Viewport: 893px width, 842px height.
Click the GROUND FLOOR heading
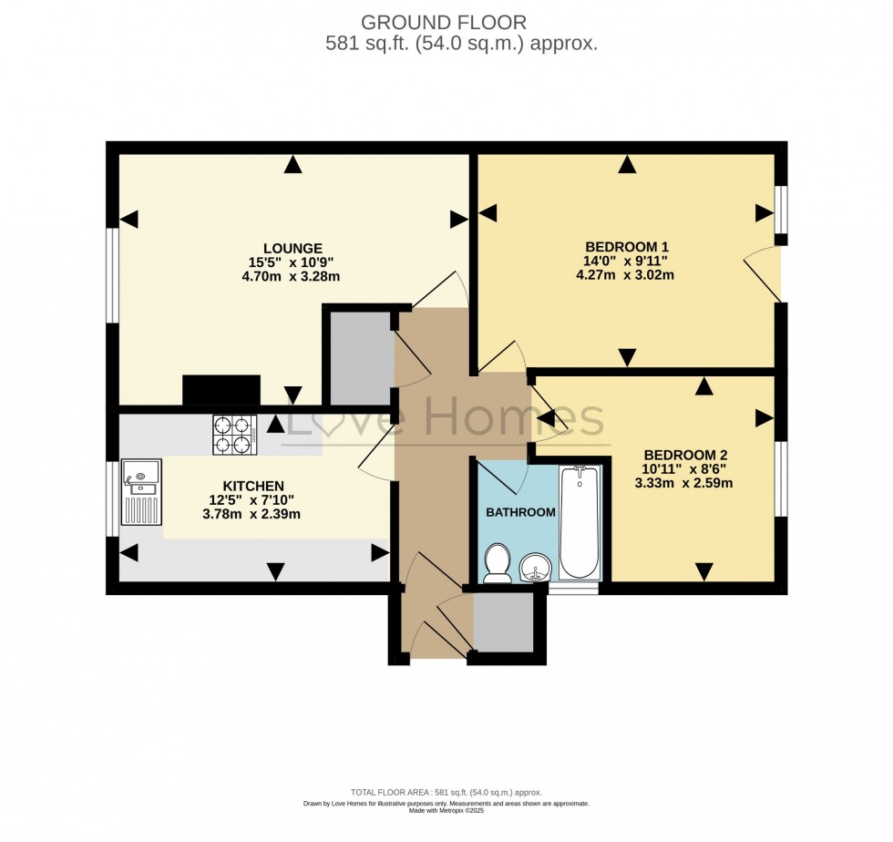[444, 22]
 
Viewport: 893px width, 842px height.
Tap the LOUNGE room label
[293, 248]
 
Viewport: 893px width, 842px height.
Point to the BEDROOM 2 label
[684, 455]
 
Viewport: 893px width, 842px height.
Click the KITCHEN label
[253, 486]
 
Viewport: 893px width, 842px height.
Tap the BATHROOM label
[520, 512]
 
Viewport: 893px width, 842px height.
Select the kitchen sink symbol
[141, 490]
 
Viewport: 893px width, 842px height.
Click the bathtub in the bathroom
[580, 521]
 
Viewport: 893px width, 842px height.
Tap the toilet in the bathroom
[498, 563]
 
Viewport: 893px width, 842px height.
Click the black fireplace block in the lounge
[221, 390]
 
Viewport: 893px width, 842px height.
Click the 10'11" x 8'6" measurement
[684, 469]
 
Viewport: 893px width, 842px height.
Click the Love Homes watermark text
[444, 421]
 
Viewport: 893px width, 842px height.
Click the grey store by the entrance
[503, 622]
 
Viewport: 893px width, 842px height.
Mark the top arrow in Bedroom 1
[627, 165]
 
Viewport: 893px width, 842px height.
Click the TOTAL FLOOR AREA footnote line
[446, 793]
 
